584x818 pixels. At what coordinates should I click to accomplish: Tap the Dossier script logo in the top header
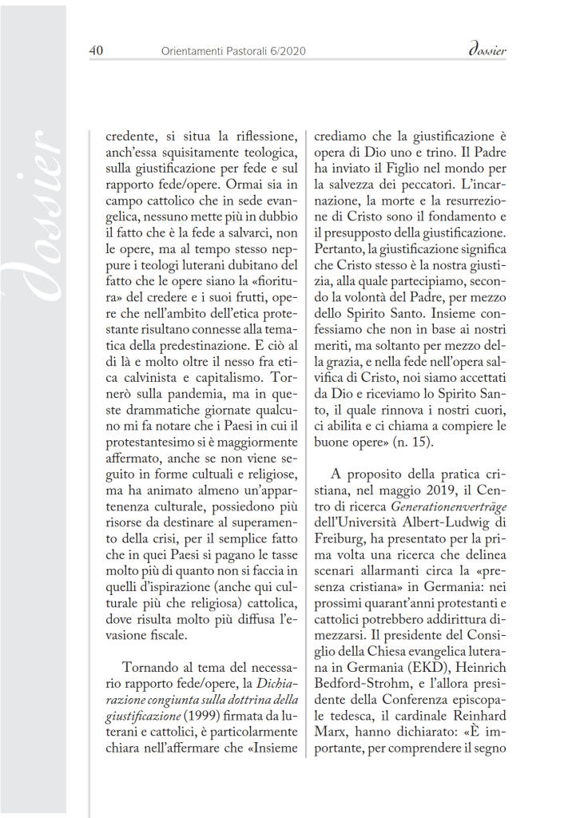pos(485,50)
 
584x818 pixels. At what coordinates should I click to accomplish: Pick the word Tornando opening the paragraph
pos(156,665)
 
